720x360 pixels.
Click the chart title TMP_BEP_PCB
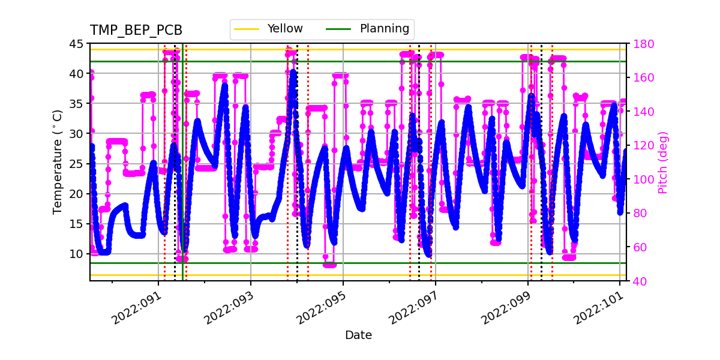click(136, 31)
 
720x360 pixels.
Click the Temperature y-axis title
click(58, 162)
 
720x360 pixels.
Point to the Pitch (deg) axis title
click(663, 162)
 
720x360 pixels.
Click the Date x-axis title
click(358, 335)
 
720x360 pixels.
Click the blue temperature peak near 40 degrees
click(293, 73)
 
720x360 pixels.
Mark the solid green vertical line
click(182, 180)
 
